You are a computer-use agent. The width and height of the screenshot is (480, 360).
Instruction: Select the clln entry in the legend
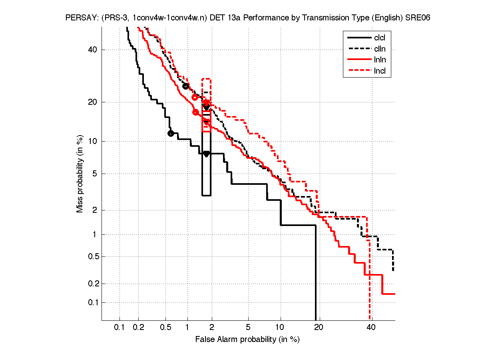pyautogui.click(x=380, y=49)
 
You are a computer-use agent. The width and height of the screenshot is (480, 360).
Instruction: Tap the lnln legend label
pyautogui.click(x=380, y=60)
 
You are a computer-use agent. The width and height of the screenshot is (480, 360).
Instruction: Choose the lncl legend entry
pyautogui.click(x=380, y=72)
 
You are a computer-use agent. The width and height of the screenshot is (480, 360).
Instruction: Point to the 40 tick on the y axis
pyautogui.click(x=93, y=50)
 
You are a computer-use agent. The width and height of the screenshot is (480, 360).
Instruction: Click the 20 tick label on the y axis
pyautogui.click(x=93, y=102)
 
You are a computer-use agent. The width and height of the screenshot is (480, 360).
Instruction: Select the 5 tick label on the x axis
pyautogui.click(x=248, y=328)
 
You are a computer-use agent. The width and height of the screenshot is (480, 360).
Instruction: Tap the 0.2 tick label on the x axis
pyautogui.click(x=139, y=328)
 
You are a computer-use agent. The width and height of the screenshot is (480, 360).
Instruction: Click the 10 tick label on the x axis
pyautogui.click(x=281, y=328)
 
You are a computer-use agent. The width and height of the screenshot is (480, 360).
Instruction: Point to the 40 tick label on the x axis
pyautogui.click(x=371, y=328)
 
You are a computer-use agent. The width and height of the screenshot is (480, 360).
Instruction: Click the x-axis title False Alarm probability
pyautogui.click(x=247, y=340)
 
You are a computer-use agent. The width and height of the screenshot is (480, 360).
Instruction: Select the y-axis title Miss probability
pyautogui.click(x=80, y=173)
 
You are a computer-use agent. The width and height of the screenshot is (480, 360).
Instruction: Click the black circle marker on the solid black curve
pyautogui.click(x=171, y=133)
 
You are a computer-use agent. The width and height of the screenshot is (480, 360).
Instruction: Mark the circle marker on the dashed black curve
pyautogui.click(x=185, y=86)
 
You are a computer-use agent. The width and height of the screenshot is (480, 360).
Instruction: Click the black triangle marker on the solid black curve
pyautogui.click(x=206, y=154)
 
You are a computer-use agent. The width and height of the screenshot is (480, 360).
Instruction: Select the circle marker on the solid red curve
pyautogui.click(x=196, y=112)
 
